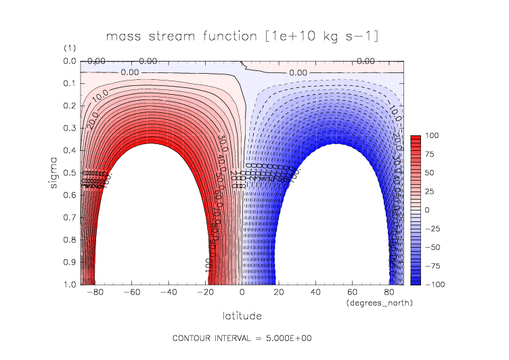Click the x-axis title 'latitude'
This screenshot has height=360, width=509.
point(242,315)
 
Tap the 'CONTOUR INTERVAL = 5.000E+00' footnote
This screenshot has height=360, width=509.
point(242,338)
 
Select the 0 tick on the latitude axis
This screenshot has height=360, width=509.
point(242,294)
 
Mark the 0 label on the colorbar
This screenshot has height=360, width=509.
point(427,210)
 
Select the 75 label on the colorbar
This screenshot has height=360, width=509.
point(429,154)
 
